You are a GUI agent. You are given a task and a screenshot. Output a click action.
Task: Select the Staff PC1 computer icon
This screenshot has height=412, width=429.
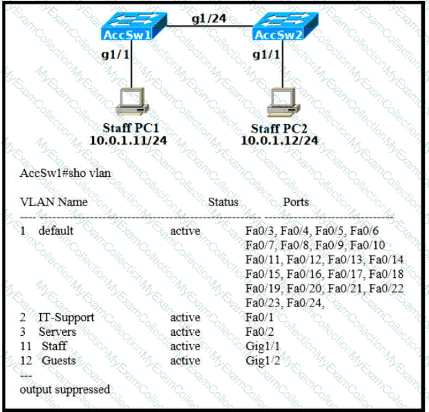[x=131, y=101]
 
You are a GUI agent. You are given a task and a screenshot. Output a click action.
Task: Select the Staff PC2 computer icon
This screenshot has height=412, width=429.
[x=283, y=101]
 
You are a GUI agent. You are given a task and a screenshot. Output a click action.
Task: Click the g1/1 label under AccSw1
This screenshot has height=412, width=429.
[x=116, y=54]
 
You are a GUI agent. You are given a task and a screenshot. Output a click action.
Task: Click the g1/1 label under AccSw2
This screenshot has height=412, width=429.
[x=267, y=54]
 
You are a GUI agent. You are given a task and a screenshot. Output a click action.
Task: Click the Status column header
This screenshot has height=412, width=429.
[x=223, y=201]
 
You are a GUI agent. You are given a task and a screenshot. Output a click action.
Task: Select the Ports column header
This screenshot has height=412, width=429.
[x=296, y=201]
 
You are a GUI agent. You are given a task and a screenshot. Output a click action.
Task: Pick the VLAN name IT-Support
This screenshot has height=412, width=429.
[x=67, y=317]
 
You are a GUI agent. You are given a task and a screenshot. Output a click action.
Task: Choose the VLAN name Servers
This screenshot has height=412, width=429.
[x=57, y=332]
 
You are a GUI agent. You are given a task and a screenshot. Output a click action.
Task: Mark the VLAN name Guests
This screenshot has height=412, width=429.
[x=59, y=361]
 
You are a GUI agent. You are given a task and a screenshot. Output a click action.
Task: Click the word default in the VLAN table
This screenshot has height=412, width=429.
[x=56, y=231]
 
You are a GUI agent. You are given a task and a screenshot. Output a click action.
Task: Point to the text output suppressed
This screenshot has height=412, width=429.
[x=65, y=389]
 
